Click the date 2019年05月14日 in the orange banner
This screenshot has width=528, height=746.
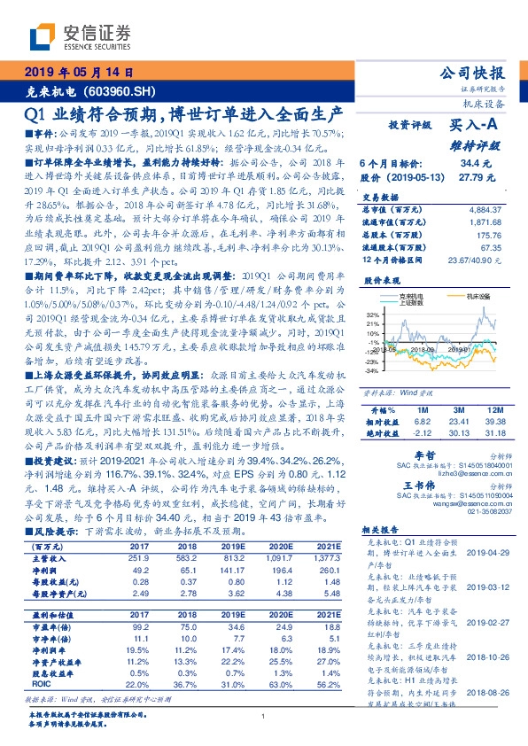point(77,74)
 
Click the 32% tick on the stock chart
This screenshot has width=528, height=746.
point(374,315)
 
